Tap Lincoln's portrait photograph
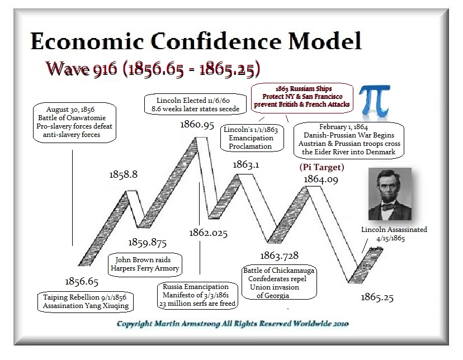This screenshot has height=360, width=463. pyautogui.click(x=390, y=194)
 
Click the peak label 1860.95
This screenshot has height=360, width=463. pyautogui.click(x=197, y=125)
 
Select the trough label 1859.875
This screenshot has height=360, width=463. pyautogui.click(x=148, y=243)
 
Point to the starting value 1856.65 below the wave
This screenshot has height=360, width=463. pyautogui.click(x=82, y=282)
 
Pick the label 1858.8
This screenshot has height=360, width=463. pyautogui.click(x=123, y=174)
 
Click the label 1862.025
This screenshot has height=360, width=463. pyautogui.click(x=208, y=233)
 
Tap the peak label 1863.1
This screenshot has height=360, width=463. pyautogui.click(x=245, y=165)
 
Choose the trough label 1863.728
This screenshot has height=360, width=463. pyautogui.click(x=279, y=255)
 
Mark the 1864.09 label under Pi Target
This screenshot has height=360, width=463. pyautogui.click(x=320, y=179)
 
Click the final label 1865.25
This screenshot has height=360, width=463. pyautogui.click(x=377, y=297)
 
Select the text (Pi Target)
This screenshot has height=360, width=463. pyautogui.click(x=322, y=167)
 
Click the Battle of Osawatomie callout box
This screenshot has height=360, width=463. pyautogui.click(x=74, y=122)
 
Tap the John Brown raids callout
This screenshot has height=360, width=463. pyautogui.click(x=145, y=264)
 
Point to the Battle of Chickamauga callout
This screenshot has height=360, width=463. pyautogui.click(x=278, y=282)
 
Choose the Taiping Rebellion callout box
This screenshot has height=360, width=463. pyautogui.click(x=86, y=301)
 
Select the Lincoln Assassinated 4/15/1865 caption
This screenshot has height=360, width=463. pyautogui.click(x=394, y=234)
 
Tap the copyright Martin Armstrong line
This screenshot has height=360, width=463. pyautogui.click(x=233, y=324)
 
